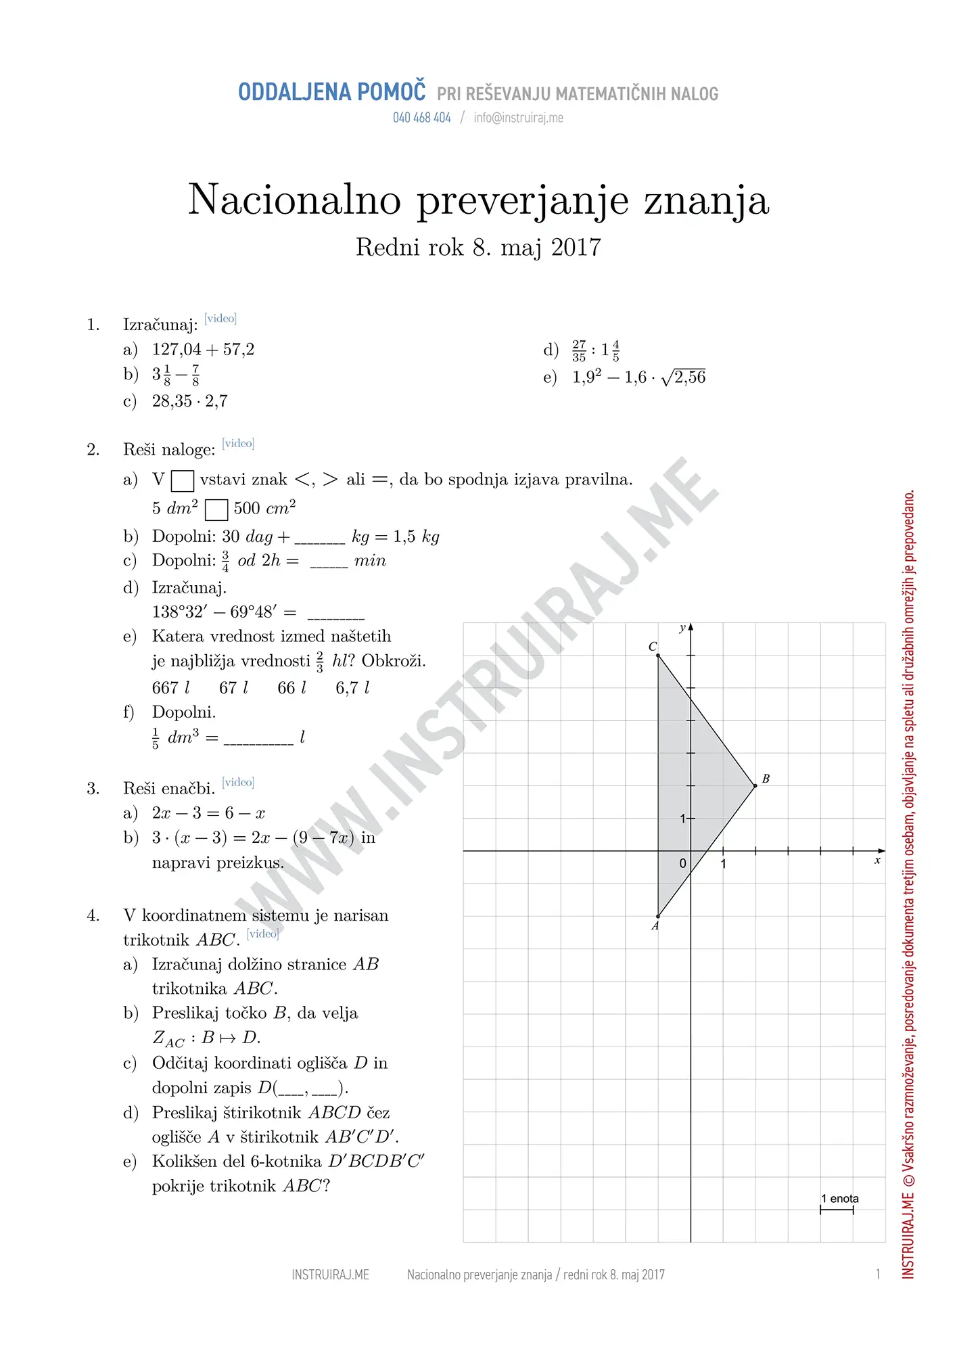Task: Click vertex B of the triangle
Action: (x=755, y=785)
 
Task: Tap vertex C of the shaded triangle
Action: (x=658, y=655)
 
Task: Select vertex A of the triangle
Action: (x=658, y=916)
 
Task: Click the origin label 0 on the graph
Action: (x=682, y=864)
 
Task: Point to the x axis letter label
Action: (x=877, y=861)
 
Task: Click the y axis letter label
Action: (x=682, y=628)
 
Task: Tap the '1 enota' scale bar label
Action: (x=839, y=1199)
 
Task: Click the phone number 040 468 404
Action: (x=421, y=118)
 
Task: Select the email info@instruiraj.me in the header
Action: (x=518, y=118)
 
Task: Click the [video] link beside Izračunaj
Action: (x=220, y=318)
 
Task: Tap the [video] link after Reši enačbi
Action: (x=238, y=782)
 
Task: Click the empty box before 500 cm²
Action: (x=216, y=509)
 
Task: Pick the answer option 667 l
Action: (x=170, y=688)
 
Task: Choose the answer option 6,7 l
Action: (x=352, y=688)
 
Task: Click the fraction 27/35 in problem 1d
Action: (x=579, y=350)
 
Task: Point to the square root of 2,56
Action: (x=684, y=377)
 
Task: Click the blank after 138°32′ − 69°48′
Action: (x=335, y=614)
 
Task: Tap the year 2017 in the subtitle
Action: (x=576, y=248)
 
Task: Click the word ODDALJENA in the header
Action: (x=294, y=92)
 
